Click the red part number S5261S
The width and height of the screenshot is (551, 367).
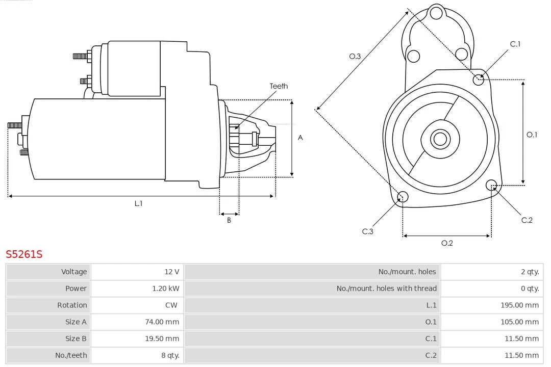pos(24,254)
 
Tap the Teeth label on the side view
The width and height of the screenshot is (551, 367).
pos(279,86)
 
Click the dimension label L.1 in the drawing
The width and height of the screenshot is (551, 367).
pos(138,203)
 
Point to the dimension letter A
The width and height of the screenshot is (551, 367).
pos(300,138)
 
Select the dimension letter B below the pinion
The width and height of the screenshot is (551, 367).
pos(229,221)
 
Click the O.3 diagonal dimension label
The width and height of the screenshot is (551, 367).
pos(355,57)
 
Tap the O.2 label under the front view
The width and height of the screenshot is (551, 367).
pos(447,243)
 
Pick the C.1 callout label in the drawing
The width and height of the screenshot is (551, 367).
pos(515,44)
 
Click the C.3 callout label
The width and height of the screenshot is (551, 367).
pos(368,231)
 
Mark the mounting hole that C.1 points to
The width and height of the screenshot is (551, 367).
pos(479,80)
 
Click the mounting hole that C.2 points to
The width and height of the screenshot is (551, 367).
pos(491,185)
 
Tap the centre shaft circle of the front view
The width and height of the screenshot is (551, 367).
pos(439,139)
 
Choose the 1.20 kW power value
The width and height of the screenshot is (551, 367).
pos(166,289)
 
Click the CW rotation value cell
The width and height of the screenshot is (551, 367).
pos(171,305)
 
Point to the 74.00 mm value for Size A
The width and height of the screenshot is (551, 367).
pos(162,322)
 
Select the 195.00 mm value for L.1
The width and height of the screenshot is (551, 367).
pos(519,305)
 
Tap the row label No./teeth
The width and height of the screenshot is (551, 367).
pos(71,355)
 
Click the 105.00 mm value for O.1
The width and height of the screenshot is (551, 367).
pos(519,322)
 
